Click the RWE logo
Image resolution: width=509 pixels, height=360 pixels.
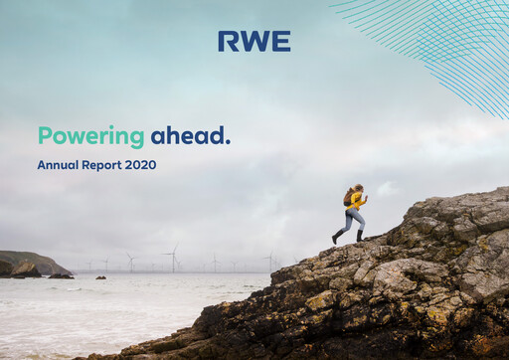point(254,41)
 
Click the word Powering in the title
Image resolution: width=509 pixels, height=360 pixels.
point(90,136)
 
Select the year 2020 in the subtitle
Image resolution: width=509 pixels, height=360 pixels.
point(140,165)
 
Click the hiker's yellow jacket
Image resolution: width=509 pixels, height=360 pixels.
point(356,201)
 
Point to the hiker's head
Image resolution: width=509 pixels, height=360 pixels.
point(358,188)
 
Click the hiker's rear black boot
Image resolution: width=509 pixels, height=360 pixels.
point(336,239)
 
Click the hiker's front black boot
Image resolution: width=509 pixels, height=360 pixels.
point(360,236)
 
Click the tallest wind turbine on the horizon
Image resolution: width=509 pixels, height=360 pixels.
point(174,258)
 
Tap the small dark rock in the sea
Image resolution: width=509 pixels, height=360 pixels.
point(100,277)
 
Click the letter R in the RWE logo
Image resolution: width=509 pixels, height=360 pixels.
point(228,41)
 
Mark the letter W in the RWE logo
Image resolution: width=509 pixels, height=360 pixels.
point(254,41)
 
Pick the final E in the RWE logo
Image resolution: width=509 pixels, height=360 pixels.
point(281,41)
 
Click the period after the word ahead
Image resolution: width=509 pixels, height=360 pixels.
point(228,142)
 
